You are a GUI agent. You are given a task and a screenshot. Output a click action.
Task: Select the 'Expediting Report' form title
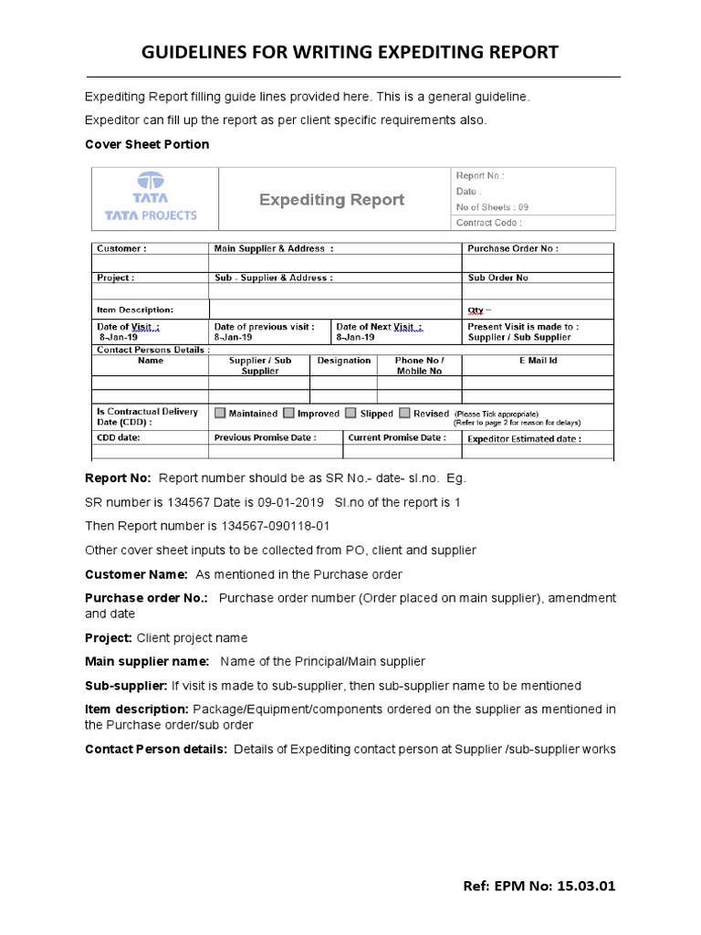[331, 199]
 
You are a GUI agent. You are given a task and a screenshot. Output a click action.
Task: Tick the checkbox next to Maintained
[219, 414]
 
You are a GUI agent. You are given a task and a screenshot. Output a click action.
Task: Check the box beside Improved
[289, 414]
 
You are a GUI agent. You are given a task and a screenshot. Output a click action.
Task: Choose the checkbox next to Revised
[405, 414]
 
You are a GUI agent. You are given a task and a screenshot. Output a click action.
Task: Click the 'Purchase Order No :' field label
[512, 248]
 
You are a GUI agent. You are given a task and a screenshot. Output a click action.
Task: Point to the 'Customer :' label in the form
[120, 248]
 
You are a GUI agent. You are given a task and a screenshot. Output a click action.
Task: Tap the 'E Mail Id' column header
[538, 361]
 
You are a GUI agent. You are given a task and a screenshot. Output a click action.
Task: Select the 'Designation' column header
[343, 361]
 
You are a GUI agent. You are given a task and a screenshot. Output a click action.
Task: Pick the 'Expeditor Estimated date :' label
[523, 438]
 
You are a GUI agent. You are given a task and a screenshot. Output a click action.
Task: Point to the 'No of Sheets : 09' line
[491, 206]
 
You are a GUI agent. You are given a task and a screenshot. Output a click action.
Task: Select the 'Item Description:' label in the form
[134, 309]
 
